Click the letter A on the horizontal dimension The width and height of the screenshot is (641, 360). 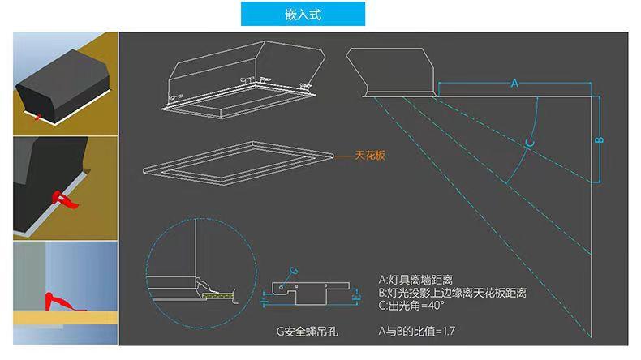coord(514,84)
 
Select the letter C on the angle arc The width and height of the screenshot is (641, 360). coord(527,143)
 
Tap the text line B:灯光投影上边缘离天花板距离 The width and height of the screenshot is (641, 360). coord(453,293)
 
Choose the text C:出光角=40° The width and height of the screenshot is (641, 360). coord(413,306)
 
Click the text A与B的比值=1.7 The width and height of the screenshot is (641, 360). coord(419,332)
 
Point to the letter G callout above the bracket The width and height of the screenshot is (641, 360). coord(294,268)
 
